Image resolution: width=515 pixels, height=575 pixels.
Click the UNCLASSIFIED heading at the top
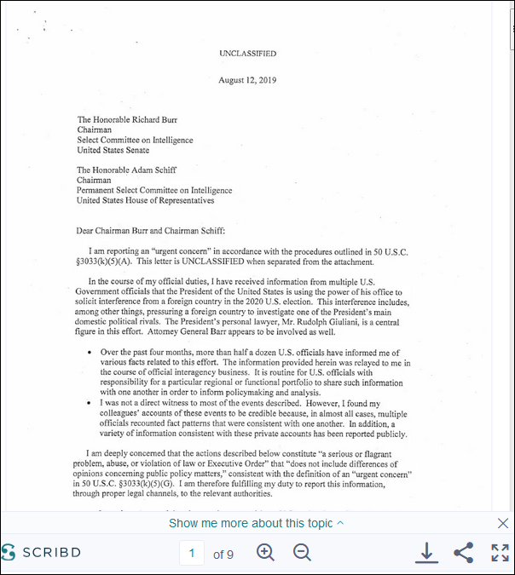(247, 53)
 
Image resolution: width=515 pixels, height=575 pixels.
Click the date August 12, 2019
(247, 80)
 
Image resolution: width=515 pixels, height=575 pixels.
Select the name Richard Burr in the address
(157, 120)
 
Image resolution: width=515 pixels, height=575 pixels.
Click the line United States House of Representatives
(145, 201)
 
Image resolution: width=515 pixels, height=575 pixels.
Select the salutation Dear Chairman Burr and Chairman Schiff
(148, 231)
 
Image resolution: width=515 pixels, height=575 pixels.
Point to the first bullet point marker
(90, 352)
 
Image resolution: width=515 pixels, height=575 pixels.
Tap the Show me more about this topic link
(256, 523)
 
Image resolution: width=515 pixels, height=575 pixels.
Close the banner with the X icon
(502, 523)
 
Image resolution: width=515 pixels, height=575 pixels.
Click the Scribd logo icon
(9, 552)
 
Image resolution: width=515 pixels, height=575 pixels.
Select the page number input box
(192, 554)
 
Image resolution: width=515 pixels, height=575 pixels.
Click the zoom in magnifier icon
(265, 553)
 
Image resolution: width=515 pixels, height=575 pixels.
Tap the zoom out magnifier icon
(302, 553)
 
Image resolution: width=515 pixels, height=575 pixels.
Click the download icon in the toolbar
(426, 553)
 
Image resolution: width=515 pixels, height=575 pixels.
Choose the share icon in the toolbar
(463, 553)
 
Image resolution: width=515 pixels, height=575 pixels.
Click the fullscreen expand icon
(500, 553)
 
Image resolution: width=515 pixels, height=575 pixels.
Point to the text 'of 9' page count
(223, 555)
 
